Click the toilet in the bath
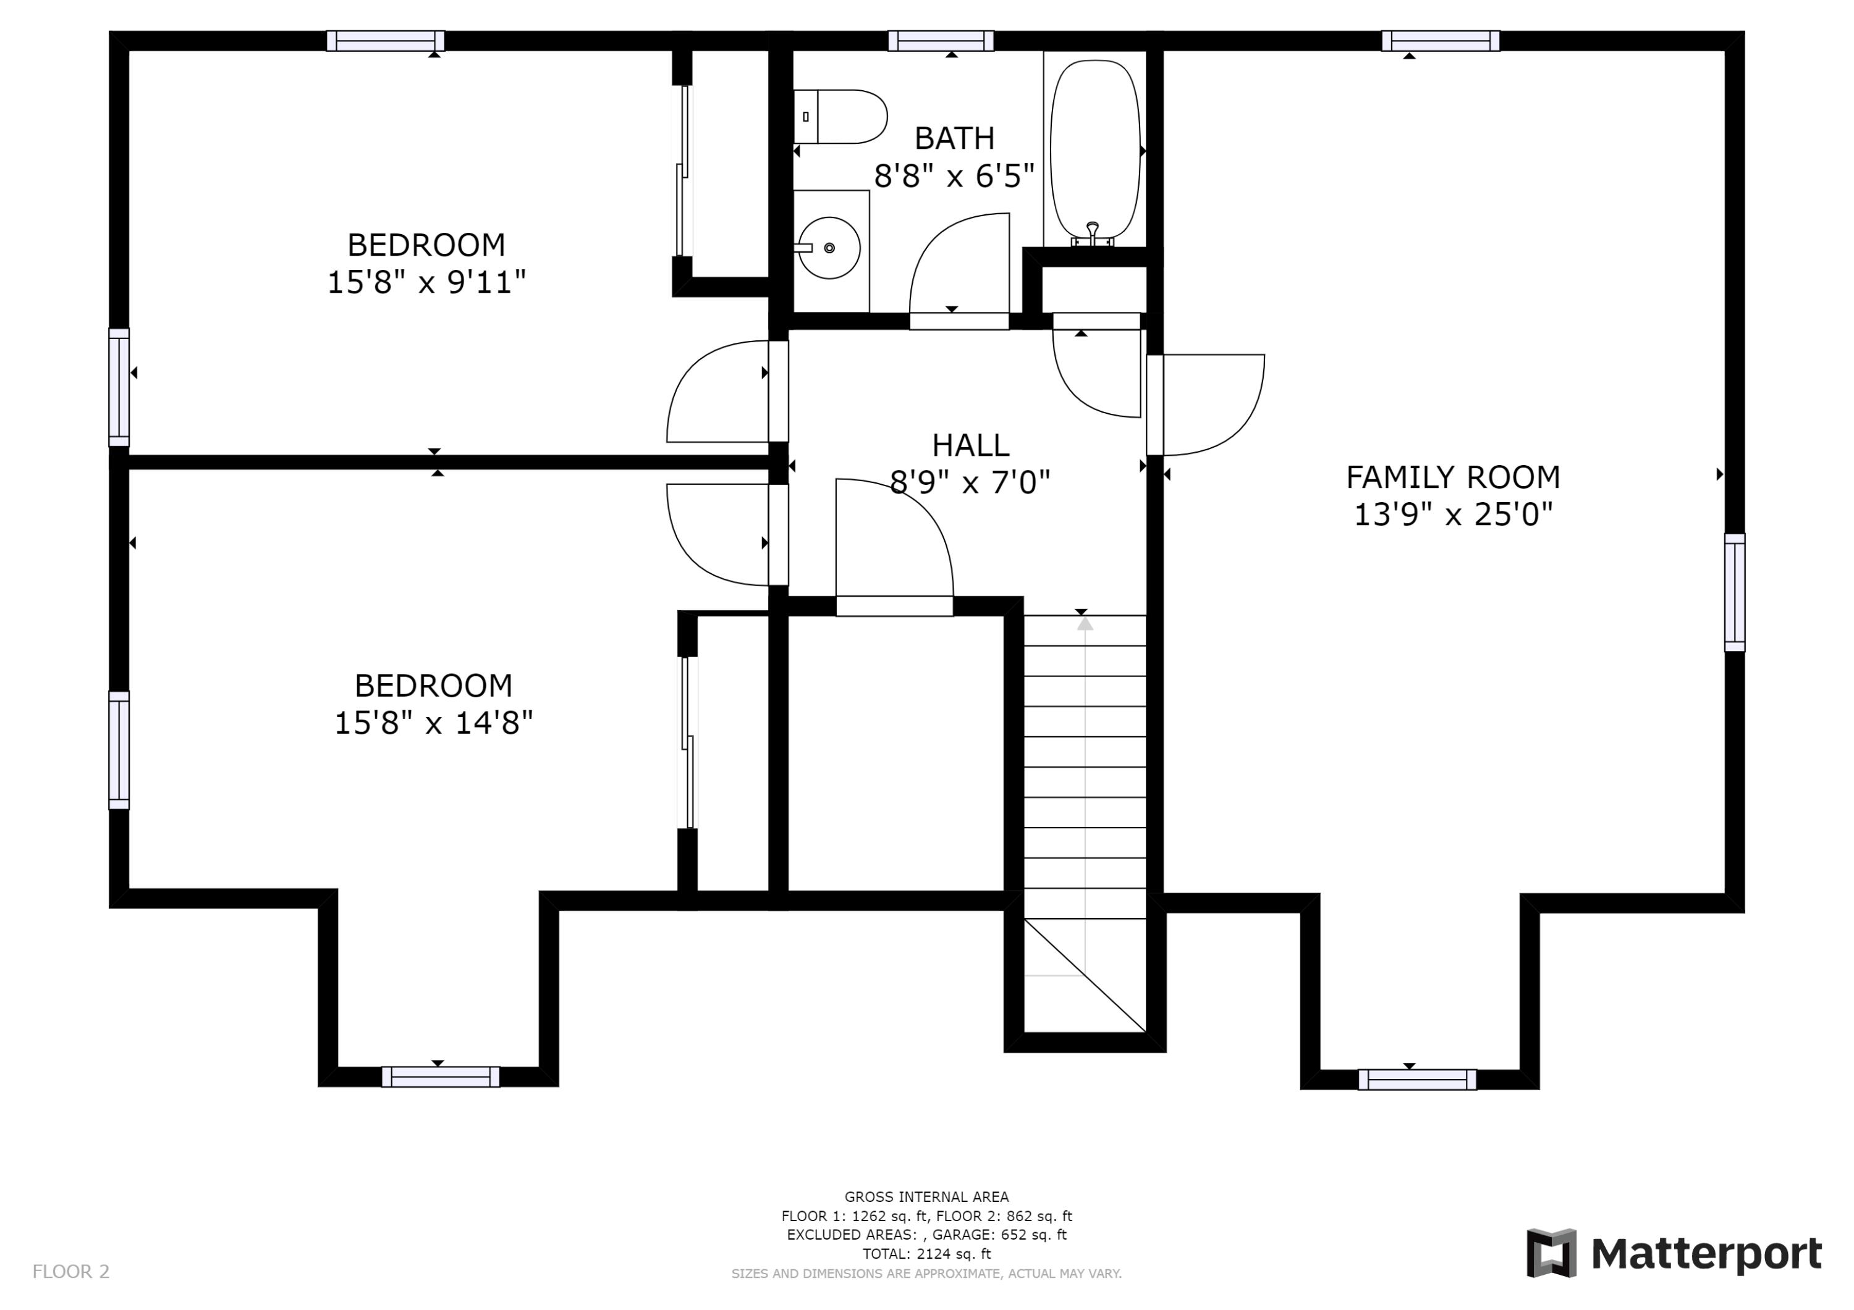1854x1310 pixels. click(840, 117)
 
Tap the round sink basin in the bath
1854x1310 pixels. click(829, 248)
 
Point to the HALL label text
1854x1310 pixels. click(971, 445)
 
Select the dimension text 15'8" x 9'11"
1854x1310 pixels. click(426, 282)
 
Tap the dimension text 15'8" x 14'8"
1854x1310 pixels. click(434, 723)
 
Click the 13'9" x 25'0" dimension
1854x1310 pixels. click(1453, 514)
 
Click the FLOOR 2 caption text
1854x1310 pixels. click(71, 1272)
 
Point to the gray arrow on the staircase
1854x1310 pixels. click(1085, 623)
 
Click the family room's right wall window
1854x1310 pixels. click(1735, 592)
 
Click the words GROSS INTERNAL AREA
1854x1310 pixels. click(926, 1197)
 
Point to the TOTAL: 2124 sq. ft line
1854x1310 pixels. click(926, 1254)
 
